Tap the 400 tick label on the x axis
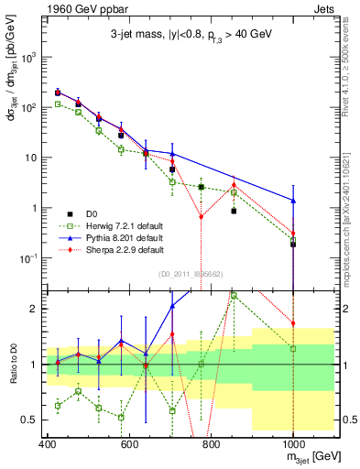coord(47,444)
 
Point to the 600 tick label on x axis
coord(129,444)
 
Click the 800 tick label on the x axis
coord(211,444)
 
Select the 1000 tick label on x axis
coord(292,444)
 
